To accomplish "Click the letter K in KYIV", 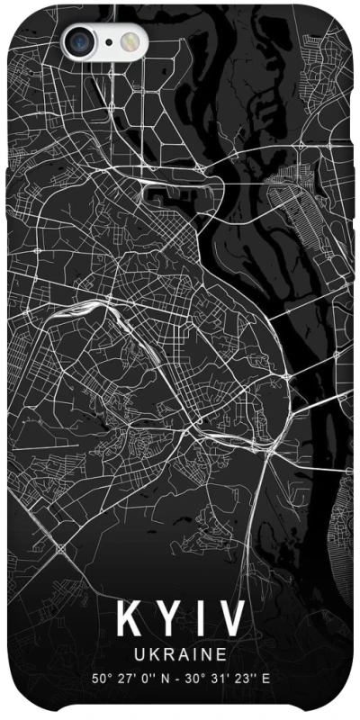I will [129, 620].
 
